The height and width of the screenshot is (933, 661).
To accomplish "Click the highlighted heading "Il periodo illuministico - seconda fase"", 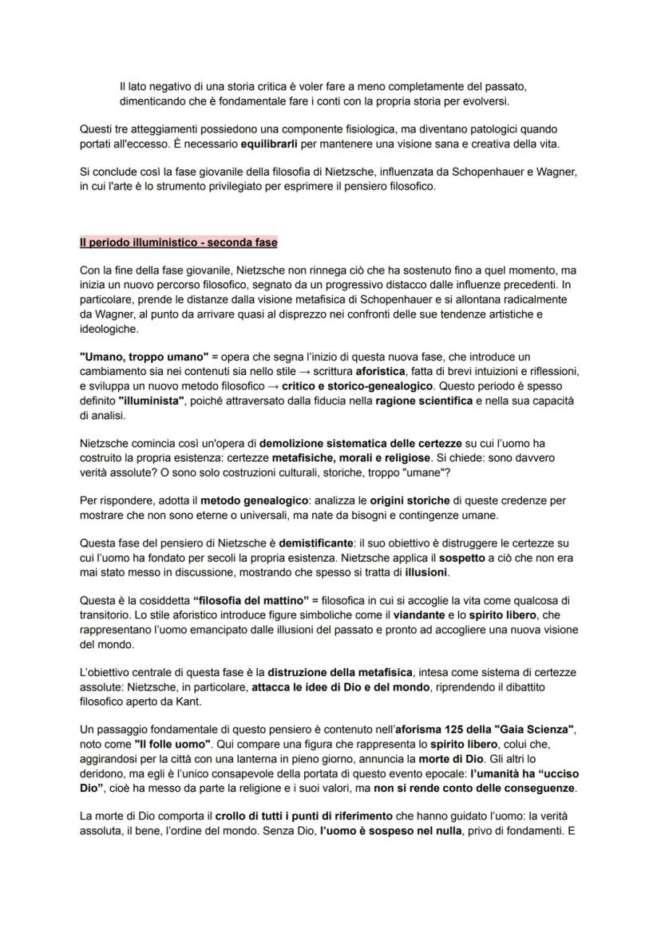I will click(x=179, y=242).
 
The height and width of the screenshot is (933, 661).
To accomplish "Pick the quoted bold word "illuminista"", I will click(x=152, y=400).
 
